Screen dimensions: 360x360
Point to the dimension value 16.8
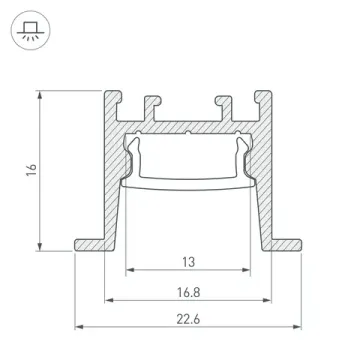189,292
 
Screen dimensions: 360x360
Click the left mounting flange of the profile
88,243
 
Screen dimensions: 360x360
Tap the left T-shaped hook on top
152,102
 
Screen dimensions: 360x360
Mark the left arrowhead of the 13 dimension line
128,271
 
